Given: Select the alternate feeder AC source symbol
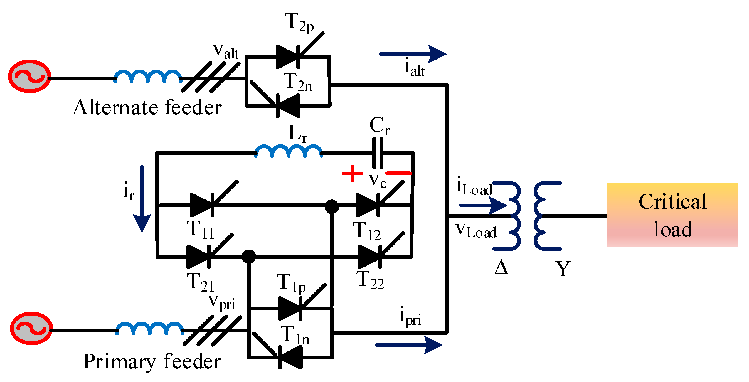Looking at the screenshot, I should click(29, 77).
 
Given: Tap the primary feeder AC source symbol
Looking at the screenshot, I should click(31, 328).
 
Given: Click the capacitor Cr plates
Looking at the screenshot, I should click(377, 153).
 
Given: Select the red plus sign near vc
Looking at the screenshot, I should click(352, 173).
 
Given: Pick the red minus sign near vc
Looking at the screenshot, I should click(398, 173).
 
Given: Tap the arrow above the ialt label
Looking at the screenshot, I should click(413, 54).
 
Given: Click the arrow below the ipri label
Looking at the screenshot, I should click(408, 345).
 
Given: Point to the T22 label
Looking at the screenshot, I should click(369, 280).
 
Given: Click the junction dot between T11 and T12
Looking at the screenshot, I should click(331, 206).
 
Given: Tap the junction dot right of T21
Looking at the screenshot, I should click(249, 257).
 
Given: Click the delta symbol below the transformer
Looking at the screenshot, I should click(501, 267).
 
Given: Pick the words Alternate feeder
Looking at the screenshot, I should click(147, 108).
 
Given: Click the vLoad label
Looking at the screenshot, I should click(476, 231).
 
